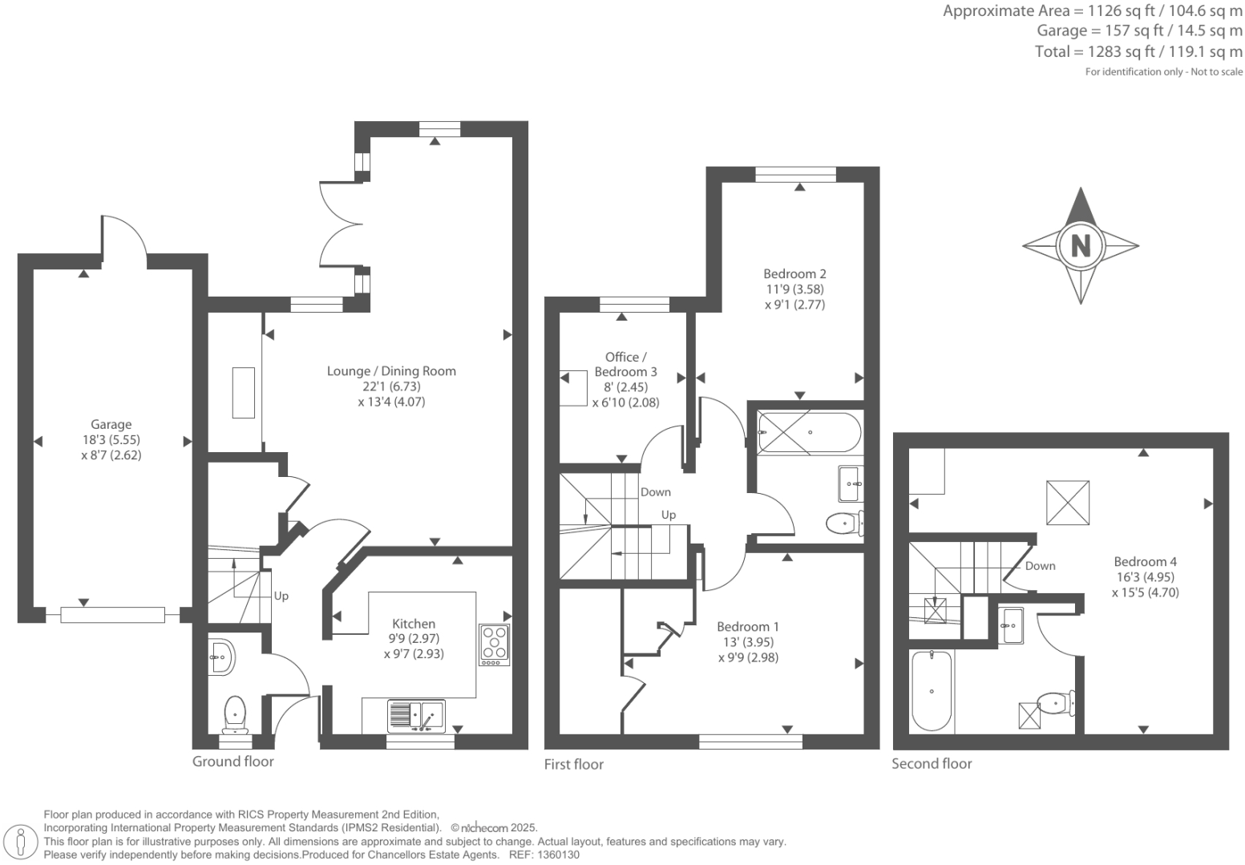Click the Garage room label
[x=111, y=425]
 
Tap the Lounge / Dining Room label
[x=391, y=371]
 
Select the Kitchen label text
[x=414, y=624]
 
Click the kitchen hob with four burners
[x=494, y=645]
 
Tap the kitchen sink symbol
[x=416, y=715]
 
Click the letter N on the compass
[x=1080, y=245]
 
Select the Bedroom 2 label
[x=794, y=274]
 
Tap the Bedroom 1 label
[x=747, y=627]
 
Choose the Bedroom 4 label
[x=1145, y=562]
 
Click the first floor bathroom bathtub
[x=809, y=432]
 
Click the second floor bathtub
[x=932, y=691]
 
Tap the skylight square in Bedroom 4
[x=1068, y=503]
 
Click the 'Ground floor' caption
[x=232, y=762]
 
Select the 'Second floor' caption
[x=932, y=764]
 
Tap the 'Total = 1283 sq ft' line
[x=1138, y=52]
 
